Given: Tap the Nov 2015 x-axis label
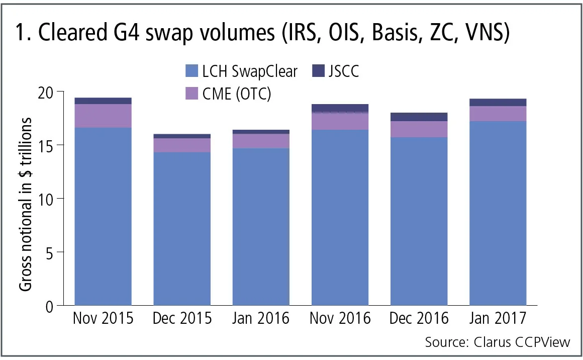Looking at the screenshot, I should click(103, 319).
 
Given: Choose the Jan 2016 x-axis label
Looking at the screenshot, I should click(261, 319).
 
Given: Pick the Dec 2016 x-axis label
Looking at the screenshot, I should click(419, 319).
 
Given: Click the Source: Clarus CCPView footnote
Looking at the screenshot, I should click(498, 342).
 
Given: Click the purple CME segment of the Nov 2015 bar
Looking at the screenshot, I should click(103, 116).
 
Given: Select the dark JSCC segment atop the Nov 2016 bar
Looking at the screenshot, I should click(340, 108).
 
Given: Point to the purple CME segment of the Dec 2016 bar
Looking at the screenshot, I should click(419, 129).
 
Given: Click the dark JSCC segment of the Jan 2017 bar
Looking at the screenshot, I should click(498, 103).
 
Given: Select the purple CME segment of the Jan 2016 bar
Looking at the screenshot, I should click(261, 141).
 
